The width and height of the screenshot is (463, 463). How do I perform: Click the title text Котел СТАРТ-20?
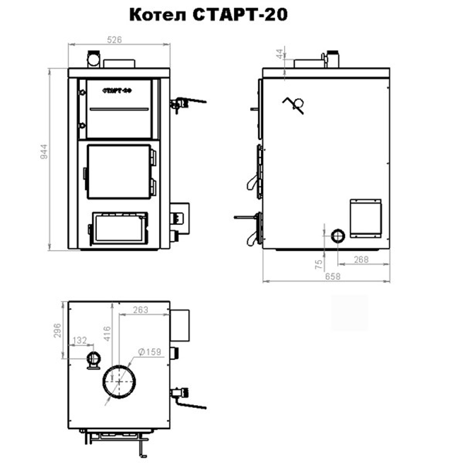(208, 15)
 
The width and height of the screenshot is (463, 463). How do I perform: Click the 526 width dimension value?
(114, 40)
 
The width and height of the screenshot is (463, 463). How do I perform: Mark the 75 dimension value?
(318, 265)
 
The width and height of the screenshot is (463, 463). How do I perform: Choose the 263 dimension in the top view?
(140, 310)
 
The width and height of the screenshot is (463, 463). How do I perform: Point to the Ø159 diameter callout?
(149, 352)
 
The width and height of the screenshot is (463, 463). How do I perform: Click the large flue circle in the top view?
(119, 380)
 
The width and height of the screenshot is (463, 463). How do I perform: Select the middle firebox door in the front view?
(119, 171)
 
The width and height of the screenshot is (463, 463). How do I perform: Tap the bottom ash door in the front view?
(119, 227)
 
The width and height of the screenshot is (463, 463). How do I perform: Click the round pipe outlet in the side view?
(338, 235)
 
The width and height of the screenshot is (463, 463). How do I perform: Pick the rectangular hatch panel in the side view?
(365, 218)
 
